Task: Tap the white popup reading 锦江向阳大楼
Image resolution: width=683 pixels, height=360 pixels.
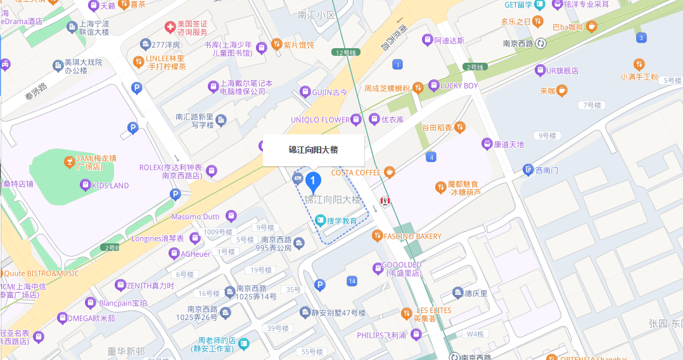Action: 313,150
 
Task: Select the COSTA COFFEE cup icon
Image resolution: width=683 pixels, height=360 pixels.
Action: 389,172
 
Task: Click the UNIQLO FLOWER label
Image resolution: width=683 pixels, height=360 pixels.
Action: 320,120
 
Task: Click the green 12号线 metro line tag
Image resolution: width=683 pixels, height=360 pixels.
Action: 347,53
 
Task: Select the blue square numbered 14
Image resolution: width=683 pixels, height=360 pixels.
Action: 352,281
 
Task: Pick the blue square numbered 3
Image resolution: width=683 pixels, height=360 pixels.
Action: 642,38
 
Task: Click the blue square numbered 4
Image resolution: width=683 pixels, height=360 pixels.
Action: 431,157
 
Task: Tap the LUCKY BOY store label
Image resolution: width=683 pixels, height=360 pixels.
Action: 459,86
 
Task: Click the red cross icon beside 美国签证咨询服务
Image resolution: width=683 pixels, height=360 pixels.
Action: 170,27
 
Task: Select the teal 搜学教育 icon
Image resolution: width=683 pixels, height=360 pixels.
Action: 321,221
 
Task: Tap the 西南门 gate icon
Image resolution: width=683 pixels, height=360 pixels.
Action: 528,170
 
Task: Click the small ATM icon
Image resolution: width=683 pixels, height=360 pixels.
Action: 298,178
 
